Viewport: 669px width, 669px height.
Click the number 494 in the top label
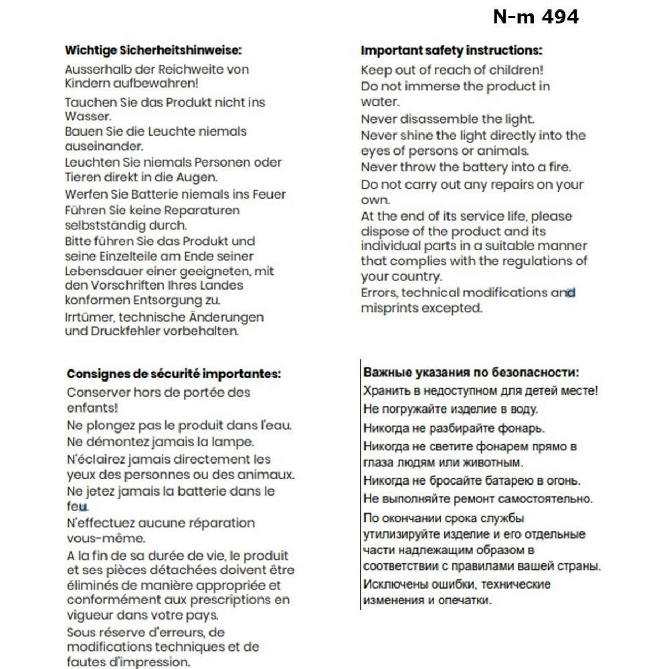[557, 17]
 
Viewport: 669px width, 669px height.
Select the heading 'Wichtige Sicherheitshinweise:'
[153, 50]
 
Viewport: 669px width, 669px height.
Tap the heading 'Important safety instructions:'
[452, 51]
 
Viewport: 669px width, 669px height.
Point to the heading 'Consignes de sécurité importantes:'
[174, 374]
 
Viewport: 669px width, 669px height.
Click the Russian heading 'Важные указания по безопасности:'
[471, 373]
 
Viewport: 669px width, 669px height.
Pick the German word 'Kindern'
[87, 84]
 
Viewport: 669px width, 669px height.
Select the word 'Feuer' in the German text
[267, 195]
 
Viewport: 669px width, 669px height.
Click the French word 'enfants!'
[92, 407]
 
